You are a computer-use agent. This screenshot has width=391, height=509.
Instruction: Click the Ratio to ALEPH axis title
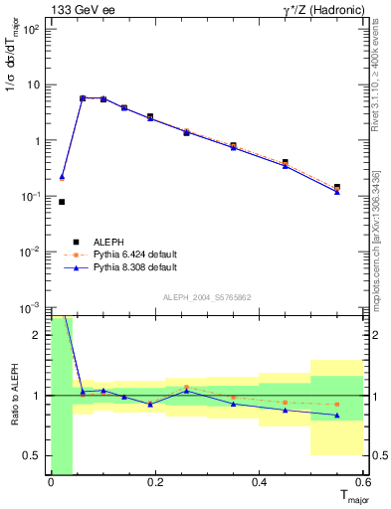coord(14,395)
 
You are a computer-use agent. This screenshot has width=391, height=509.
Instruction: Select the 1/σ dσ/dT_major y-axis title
coord(14,66)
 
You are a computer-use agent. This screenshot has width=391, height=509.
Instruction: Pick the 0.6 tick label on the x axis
coord(364,483)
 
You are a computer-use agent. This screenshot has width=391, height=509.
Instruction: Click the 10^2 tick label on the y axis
coord(30,29)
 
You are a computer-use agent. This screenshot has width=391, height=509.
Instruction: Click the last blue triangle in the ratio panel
coord(337,416)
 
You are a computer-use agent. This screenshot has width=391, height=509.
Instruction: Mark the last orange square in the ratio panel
coord(337,405)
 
